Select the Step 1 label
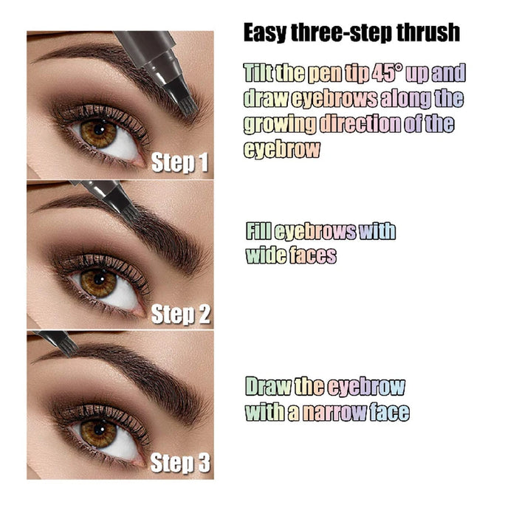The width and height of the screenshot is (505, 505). [x=180, y=163]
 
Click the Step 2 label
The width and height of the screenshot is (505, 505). [x=181, y=314]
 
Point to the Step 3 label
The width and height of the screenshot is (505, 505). [x=180, y=464]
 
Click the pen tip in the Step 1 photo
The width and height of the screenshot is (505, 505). [x=188, y=103]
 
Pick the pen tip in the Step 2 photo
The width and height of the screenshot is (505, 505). [x=134, y=213]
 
